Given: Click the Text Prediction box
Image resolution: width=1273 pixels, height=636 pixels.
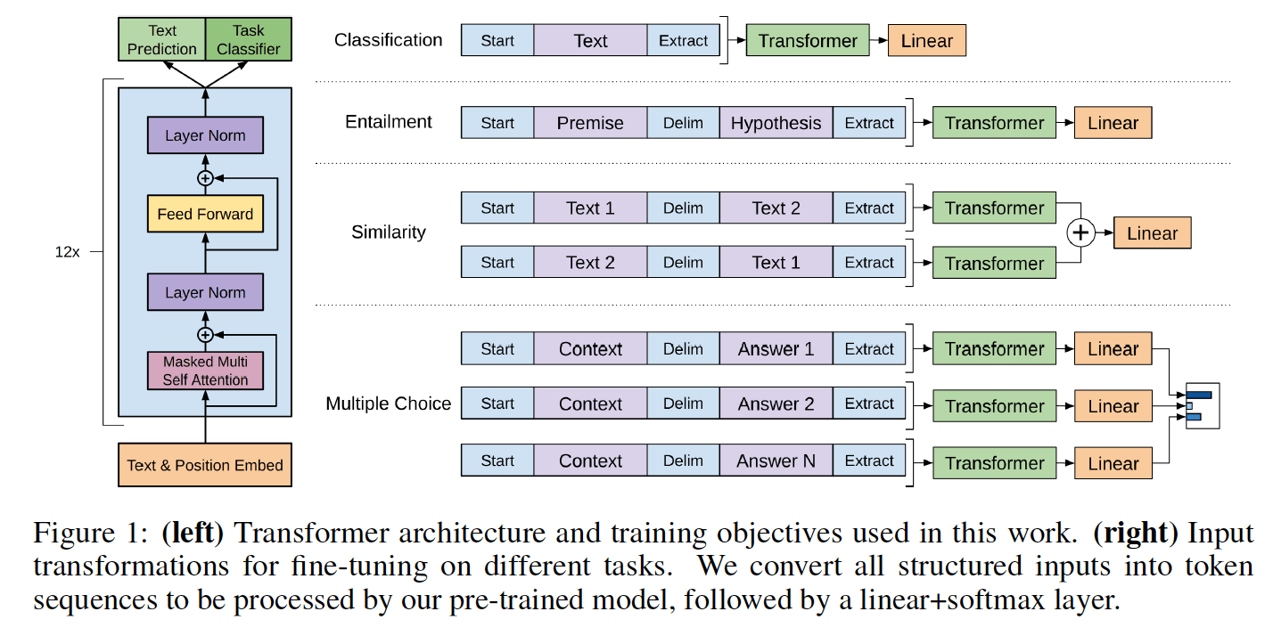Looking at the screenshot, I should (161, 40).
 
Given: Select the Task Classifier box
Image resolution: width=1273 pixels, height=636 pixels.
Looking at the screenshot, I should (248, 40).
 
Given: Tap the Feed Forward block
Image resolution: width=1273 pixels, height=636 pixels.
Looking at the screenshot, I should (205, 214).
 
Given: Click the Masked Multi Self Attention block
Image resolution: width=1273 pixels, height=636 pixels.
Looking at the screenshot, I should (205, 371).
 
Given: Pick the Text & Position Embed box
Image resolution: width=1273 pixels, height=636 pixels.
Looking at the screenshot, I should (205, 465).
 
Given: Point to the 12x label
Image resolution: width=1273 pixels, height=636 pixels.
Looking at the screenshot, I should (67, 252).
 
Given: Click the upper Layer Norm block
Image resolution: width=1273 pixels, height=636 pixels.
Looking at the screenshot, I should (205, 135).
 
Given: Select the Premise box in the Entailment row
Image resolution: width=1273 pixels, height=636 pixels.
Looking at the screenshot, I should (590, 123).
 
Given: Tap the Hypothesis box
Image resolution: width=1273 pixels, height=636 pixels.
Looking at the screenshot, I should (776, 123).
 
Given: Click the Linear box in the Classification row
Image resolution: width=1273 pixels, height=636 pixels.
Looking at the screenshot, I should (926, 41).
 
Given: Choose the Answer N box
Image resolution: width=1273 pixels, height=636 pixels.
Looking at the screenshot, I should (776, 461).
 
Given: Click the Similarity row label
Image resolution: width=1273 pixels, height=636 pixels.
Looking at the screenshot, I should (389, 232).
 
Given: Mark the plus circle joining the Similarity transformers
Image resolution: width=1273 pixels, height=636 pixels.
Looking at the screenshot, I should (1080, 233).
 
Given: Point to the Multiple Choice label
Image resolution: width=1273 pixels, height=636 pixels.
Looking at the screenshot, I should (389, 404).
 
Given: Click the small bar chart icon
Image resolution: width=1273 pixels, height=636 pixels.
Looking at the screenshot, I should (1200, 405).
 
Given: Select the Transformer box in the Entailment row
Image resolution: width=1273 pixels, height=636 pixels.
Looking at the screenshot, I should (994, 123).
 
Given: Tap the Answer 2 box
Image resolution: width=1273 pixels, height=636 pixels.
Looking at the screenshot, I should (776, 404).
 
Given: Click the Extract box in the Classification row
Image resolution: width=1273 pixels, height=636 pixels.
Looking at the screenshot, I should (683, 41).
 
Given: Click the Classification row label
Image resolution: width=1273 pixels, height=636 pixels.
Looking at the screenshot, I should (388, 40).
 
